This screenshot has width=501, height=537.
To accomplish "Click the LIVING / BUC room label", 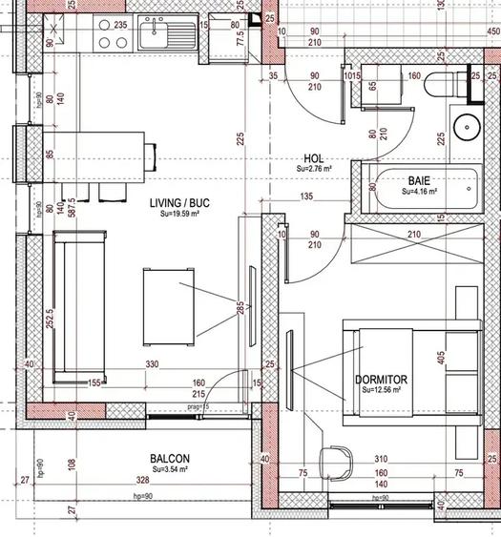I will click(178, 203).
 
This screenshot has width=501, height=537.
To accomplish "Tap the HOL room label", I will click(314, 159).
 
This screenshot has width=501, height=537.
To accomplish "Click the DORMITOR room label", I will click(382, 379).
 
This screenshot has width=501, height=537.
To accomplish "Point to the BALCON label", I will click(169, 458).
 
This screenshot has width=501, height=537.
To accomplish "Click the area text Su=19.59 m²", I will click(178, 215).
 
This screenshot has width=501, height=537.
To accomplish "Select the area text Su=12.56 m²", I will click(384, 390).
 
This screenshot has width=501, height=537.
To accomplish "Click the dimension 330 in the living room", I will click(152, 364).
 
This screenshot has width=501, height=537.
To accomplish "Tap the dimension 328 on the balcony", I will click(141, 481).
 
